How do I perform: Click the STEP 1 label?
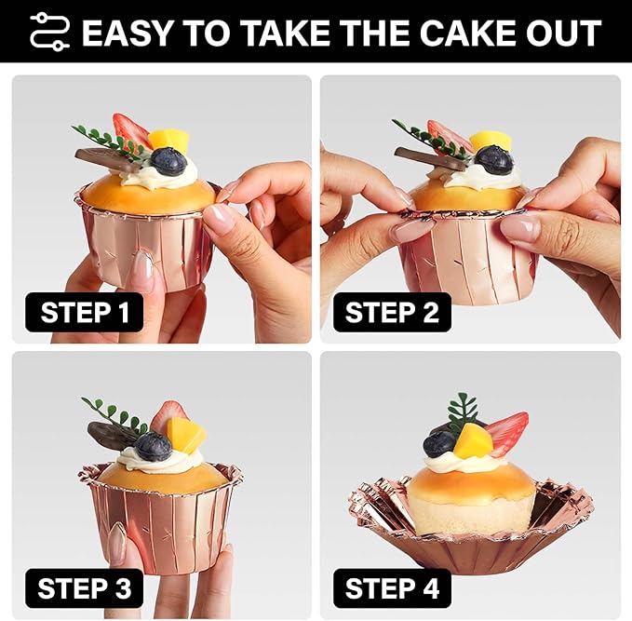pos(85,312)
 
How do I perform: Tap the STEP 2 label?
pos(392,312)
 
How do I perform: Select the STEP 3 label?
pos(85,588)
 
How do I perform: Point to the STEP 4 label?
pos(392,588)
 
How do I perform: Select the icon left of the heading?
pos(50,32)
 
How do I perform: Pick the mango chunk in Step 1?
pos(168,141)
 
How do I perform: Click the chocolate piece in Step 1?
pos(108,159)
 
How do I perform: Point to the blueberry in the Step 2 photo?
pos(493,158)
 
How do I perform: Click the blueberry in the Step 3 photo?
pos(154,446)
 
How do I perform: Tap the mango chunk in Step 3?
pos(185,434)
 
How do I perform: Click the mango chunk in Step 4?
pos(473,440)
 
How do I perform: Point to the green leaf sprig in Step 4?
pos(461,412)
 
